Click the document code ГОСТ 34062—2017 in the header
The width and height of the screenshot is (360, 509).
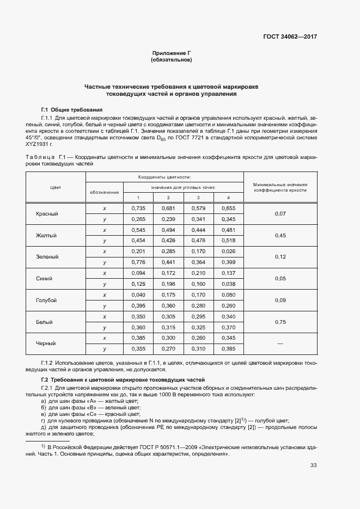(x=289, y=38)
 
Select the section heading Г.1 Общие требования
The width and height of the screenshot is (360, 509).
(x=72, y=110)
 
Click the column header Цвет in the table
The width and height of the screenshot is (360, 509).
(x=55, y=187)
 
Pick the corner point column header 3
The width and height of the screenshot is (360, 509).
(x=198, y=197)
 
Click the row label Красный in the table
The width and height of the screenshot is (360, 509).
(x=47, y=214)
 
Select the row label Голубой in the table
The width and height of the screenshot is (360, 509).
(x=47, y=301)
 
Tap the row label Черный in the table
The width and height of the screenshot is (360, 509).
(x=47, y=344)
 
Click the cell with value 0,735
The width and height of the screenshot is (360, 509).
(x=138, y=208)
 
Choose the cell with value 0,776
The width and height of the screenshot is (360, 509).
(x=138, y=262)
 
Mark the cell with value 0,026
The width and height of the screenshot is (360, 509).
(x=228, y=252)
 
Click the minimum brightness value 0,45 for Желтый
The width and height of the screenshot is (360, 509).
(x=280, y=235)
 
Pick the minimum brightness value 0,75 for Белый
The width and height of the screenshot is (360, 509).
(x=280, y=322)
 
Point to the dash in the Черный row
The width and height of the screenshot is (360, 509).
(x=280, y=344)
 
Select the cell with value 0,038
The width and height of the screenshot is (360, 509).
(x=228, y=284)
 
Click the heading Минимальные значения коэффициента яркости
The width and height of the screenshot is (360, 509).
(x=280, y=187)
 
